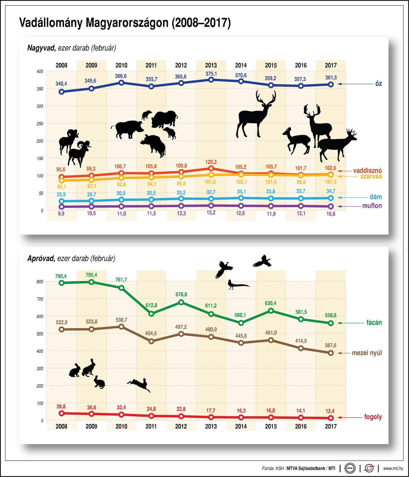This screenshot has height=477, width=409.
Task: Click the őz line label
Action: pos(378,84)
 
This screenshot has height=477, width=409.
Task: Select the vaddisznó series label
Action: pos(367,171)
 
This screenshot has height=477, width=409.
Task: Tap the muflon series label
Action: pos(372,206)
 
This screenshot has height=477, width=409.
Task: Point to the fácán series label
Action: pos(374,323)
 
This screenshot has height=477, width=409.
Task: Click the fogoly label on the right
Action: pos(373,417)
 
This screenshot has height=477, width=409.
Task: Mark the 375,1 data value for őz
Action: pos(211,74)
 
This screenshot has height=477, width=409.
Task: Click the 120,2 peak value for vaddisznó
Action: pos(211,162)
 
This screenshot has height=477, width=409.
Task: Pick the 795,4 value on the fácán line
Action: pos(91,275)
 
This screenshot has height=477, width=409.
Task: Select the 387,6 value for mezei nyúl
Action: pos(330,346)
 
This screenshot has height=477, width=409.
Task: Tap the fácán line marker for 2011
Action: pos(151,314)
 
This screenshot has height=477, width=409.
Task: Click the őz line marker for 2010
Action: pos(121,83)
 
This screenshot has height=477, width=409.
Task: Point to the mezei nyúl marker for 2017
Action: pos(331,353)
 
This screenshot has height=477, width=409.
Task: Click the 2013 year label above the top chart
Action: pos(211,65)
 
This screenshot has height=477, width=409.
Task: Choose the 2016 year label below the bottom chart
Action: pos(300,426)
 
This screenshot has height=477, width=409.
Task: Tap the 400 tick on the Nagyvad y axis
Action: pos(40,72)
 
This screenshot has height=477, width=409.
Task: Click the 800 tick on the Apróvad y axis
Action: pos(40,282)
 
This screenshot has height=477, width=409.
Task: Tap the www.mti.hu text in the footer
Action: pos(393,468)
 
